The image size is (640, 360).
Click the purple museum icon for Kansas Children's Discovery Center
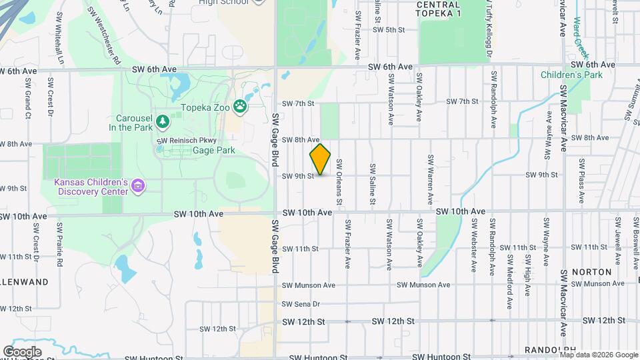point(138,185)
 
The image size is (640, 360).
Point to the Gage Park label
point(213,151)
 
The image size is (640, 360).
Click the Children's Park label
point(571,75)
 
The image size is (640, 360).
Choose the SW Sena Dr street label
point(301,304)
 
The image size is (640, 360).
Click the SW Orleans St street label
point(339,181)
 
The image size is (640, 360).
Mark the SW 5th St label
point(389,30)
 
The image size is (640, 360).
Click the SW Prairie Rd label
point(59,244)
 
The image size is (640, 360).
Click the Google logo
point(22,351)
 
